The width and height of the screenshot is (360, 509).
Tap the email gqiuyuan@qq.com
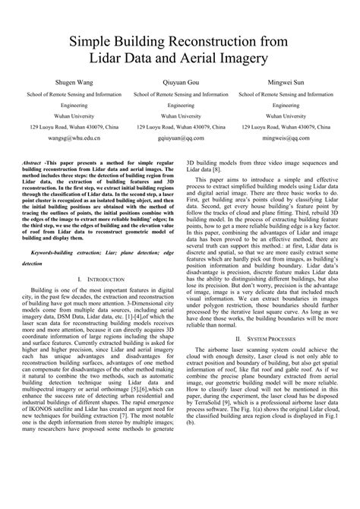181,140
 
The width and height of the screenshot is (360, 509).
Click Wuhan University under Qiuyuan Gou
181,116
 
